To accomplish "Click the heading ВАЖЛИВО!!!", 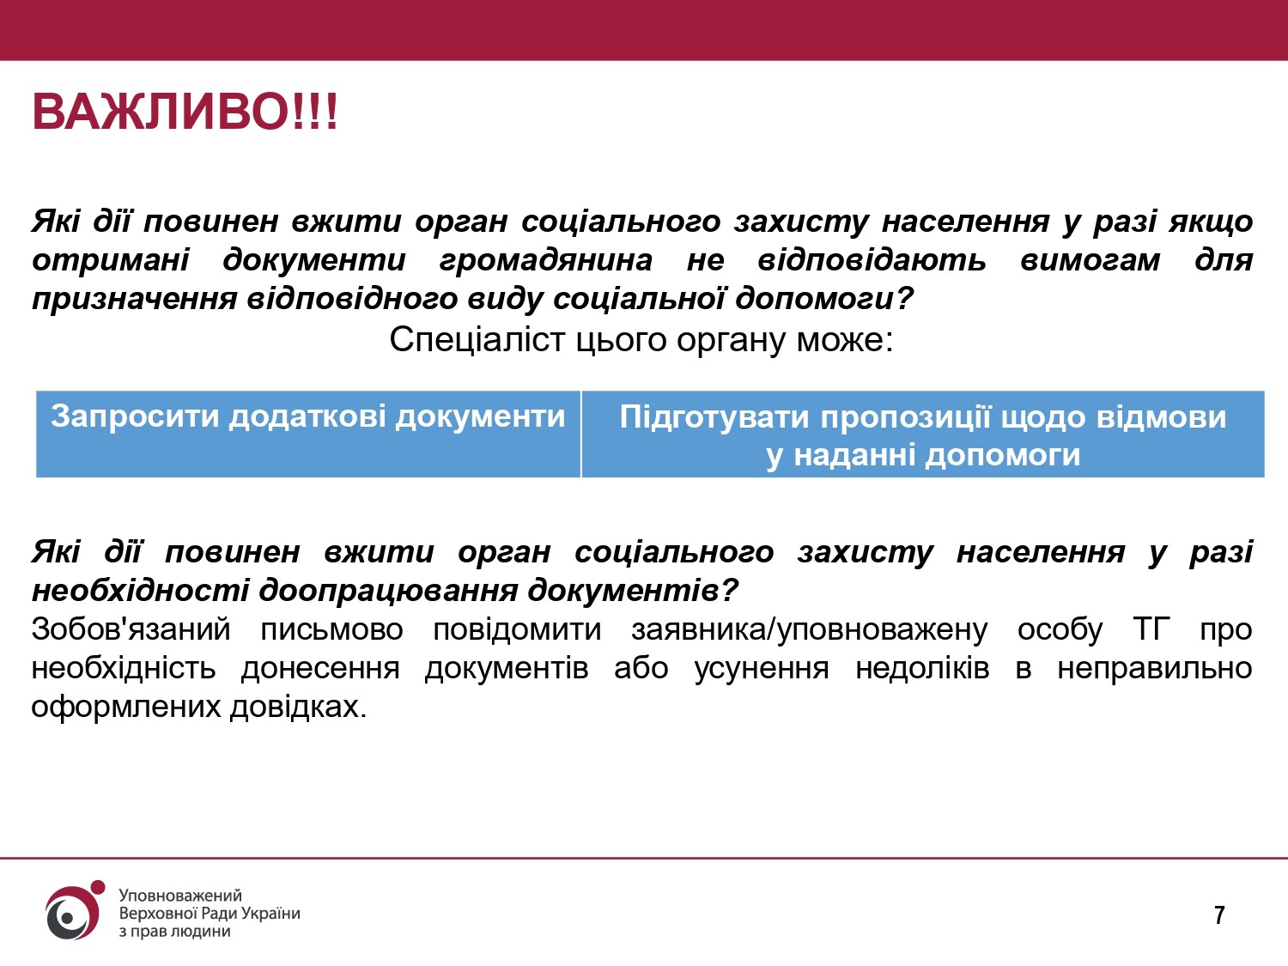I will point(185,112).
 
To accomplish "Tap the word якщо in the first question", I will point(1211,222).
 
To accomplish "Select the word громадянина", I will point(545,259).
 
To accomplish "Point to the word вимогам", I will point(1090,259).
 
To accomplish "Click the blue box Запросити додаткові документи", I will point(308,434).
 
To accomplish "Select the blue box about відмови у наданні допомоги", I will point(923,434).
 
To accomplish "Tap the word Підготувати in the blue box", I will point(714,417).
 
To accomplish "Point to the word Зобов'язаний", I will point(131,629).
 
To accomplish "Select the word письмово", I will point(331,629).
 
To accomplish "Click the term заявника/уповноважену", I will point(809,629).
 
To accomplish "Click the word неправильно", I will point(1154,668).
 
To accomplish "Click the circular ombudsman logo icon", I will point(72,913).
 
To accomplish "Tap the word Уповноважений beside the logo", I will point(180,896).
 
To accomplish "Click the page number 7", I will point(1219,915).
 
